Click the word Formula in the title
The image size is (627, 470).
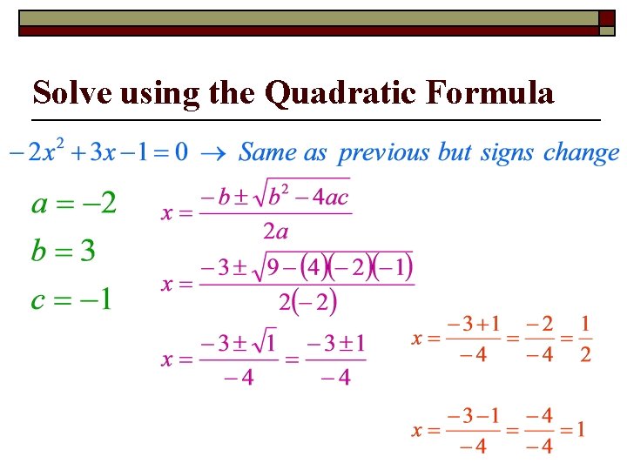pos(489,91)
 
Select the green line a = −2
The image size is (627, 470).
pos(74,205)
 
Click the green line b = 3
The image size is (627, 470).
pos(63,252)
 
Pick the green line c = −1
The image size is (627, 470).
pos(71,300)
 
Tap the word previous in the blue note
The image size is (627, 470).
pos(384,154)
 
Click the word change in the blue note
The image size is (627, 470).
pos(581,154)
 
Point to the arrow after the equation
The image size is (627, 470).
pos(212,155)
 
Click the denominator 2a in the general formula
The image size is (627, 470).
pos(275,231)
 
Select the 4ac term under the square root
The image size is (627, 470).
pos(331,197)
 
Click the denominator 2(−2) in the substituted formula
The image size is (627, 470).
pos(307,302)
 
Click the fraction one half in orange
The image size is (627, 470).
pos(585,339)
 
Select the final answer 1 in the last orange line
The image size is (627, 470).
pos(578,429)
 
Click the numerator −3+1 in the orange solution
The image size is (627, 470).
pos(474,325)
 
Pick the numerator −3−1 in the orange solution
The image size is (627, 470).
pos(474,415)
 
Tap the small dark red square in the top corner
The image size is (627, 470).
pos(607,18)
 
